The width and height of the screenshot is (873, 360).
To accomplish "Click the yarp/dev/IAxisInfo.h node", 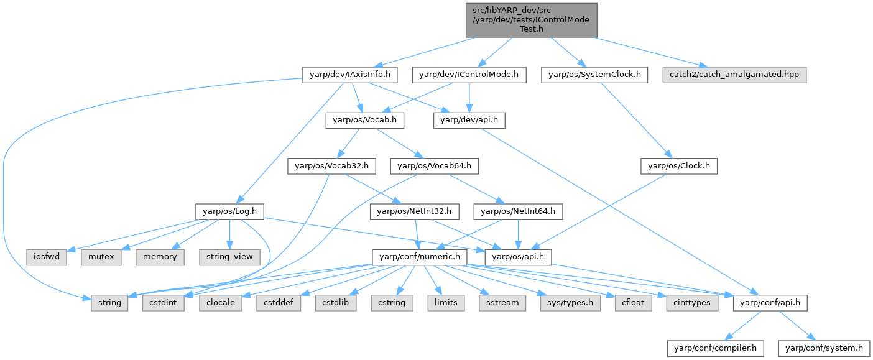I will pyautogui.click(x=349, y=75).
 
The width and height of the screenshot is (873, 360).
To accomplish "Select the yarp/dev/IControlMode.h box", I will pyautogui.click(x=469, y=75).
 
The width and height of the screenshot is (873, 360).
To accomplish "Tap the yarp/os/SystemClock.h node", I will pyautogui.click(x=594, y=75).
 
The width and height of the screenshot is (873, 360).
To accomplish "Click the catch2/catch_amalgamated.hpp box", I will pyautogui.click(x=734, y=75).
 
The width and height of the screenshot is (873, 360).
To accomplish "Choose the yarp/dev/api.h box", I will pyautogui.click(x=469, y=121).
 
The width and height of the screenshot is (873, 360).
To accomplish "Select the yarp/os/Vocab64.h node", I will pyautogui.click(x=435, y=166).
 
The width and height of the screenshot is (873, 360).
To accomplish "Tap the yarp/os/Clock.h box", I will pyautogui.click(x=679, y=166).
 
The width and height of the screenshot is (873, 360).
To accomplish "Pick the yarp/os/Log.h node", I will pyautogui.click(x=229, y=211).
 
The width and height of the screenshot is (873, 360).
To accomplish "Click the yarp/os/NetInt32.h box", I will pyautogui.click(x=414, y=211).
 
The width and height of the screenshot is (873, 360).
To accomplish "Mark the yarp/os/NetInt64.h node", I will pyautogui.click(x=519, y=211).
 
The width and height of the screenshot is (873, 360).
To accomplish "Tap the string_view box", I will pyautogui.click(x=229, y=257).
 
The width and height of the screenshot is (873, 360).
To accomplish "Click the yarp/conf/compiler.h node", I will pyautogui.click(x=715, y=348).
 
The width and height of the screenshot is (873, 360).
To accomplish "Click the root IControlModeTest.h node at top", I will pyautogui.click(x=531, y=20).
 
